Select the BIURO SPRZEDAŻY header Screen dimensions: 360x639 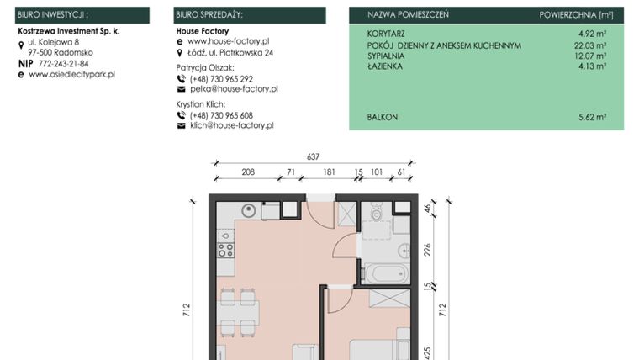tap(210, 15)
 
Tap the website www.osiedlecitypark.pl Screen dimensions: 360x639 tap(71, 74)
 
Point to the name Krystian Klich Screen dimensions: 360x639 tap(203, 103)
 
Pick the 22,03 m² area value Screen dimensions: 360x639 tap(590, 45)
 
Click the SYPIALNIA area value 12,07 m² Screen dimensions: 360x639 tap(590, 56)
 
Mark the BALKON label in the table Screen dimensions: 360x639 tap(383, 118)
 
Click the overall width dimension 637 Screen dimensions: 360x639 tap(314, 156)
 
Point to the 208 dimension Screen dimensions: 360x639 tap(248, 172)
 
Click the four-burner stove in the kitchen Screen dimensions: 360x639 tap(226, 245)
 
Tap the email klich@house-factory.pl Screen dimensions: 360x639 tap(232, 125)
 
